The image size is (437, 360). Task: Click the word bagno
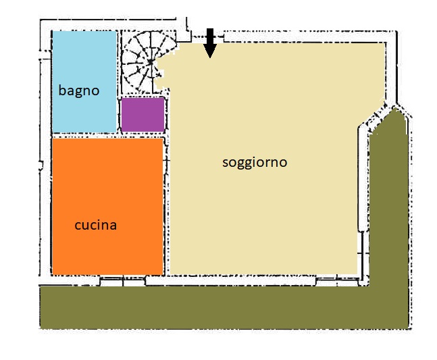pos(79,91)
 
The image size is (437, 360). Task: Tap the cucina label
pos(96,225)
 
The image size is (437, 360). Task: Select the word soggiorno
pos(255,163)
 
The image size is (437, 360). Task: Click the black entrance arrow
pos(210,43)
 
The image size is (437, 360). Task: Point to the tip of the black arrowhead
pos(210,58)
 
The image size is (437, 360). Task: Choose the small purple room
pos(143,115)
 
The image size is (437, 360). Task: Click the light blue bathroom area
pos(84,82)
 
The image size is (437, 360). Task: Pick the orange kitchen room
pos(107,207)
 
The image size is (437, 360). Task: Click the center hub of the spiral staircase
pos(151,62)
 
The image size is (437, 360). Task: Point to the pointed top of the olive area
pos(394,109)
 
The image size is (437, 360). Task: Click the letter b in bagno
pos(62,90)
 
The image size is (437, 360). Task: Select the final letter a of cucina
pos(113,226)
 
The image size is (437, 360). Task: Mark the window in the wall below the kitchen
pos(123,281)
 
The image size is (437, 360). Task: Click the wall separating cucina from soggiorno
pos(167,207)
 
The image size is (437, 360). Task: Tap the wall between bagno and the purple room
pos(119,82)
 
